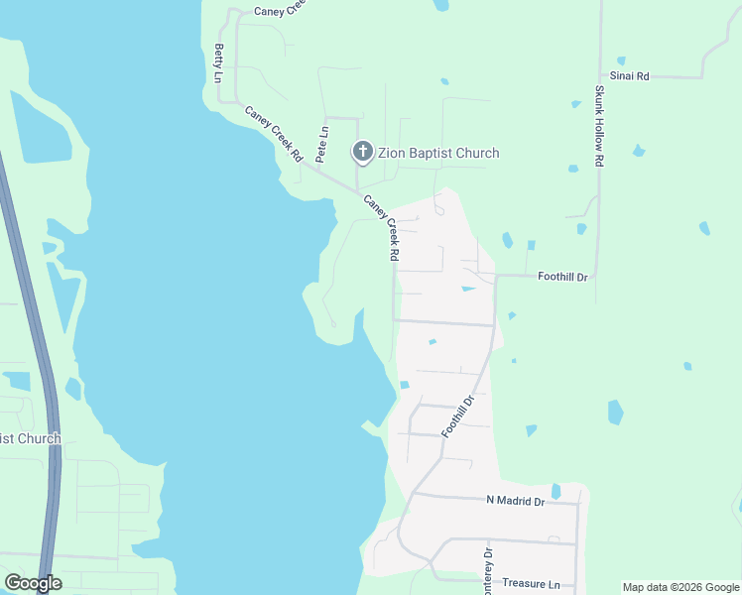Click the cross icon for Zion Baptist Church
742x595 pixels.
pos(363,153)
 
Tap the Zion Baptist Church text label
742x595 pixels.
pos(438,153)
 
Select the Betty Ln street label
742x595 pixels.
pos(218,62)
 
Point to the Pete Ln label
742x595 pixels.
pos(321,145)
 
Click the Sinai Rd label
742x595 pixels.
pos(629,75)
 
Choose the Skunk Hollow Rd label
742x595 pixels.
pos(599,126)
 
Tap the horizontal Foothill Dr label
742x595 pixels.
pos(562,278)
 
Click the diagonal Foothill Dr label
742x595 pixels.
pos(459,416)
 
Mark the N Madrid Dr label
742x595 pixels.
pos(516,502)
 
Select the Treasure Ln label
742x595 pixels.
pos(531,584)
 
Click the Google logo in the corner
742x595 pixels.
pos(33,583)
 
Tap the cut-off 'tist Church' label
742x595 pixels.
pos(30,438)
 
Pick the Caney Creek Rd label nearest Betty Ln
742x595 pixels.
pos(274,134)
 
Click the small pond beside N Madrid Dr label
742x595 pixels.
pos(556,491)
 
